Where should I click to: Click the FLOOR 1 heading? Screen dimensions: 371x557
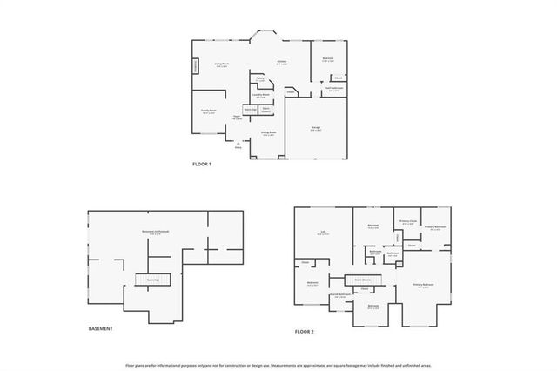[x=202, y=165]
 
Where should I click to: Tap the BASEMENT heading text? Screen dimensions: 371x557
[x=101, y=328]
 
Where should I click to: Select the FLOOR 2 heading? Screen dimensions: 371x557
[x=304, y=332]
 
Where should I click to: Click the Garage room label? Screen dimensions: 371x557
[x=316, y=127]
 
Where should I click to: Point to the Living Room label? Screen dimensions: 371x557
[x=223, y=64]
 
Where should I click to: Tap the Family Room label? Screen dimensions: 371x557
[x=209, y=111]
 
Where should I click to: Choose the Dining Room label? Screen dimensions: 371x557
[x=269, y=132]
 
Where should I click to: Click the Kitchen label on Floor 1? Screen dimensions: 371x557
[x=281, y=62]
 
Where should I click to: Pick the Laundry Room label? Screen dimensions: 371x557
[x=260, y=95]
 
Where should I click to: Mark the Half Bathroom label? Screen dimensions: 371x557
[x=334, y=88]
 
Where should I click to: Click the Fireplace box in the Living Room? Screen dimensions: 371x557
[x=195, y=66]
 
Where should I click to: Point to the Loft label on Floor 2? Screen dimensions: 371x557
[x=323, y=232]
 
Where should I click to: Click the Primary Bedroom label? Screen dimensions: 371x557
[x=423, y=285]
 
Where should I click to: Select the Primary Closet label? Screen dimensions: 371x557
[x=407, y=221]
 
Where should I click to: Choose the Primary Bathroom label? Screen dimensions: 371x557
[x=435, y=226]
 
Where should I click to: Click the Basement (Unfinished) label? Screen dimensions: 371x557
[x=156, y=232]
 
